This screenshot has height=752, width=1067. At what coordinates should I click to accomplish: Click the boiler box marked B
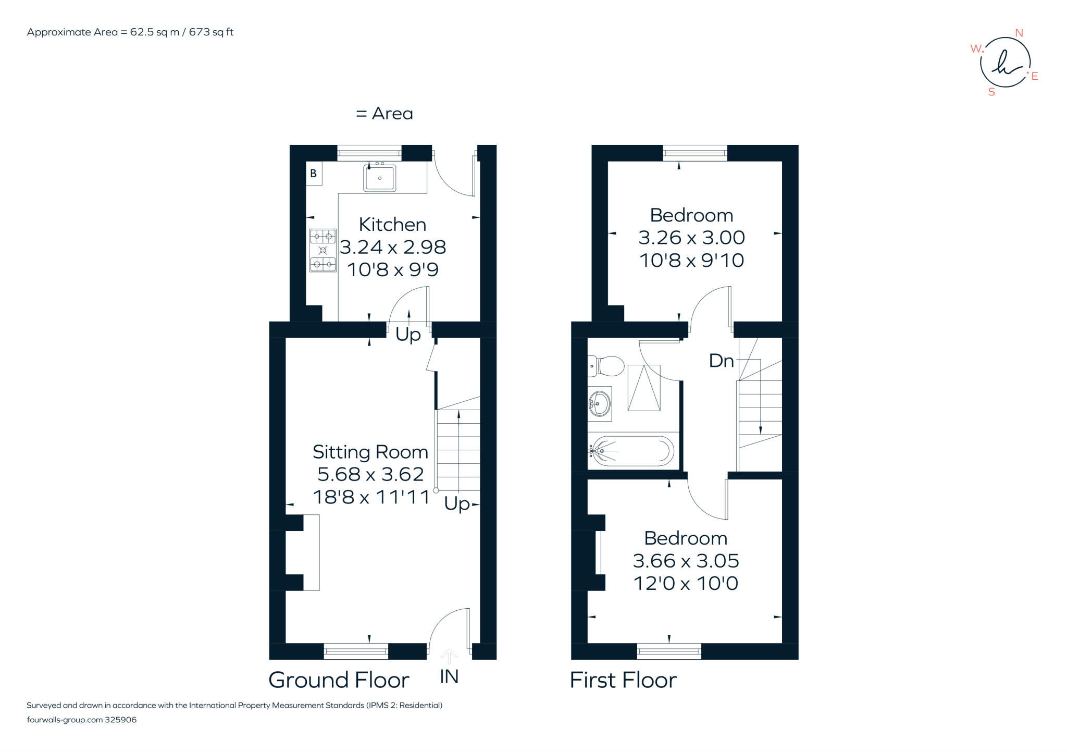[x=314, y=174]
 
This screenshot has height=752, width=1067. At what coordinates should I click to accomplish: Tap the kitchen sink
[x=379, y=178]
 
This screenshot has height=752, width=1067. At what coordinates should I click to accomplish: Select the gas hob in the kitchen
[x=322, y=251]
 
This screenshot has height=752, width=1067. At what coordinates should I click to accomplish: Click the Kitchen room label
[x=392, y=225]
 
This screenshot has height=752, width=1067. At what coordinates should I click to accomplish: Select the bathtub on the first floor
[x=631, y=451]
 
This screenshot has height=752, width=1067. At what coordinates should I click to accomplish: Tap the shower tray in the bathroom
[x=644, y=388]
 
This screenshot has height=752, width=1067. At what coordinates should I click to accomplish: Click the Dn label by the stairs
[x=721, y=361]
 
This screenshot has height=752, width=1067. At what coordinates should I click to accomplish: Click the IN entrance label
[x=449, y=676]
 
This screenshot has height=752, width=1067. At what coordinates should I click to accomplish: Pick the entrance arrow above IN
[x=449, y=656]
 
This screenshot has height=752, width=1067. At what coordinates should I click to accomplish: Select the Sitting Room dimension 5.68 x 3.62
[x=370, y=474]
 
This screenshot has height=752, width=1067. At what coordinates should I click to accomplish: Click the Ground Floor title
[x=339, y=680]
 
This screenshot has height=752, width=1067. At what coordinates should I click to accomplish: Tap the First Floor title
[x=623, y=680]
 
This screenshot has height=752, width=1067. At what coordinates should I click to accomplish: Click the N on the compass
[x=1019, y=33]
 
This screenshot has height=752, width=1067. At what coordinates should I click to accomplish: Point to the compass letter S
[x=991, y=92]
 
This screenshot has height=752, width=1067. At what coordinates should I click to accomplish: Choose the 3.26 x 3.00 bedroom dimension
[x=691, y=238]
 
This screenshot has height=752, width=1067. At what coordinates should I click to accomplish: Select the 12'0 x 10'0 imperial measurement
[x=686, y=583]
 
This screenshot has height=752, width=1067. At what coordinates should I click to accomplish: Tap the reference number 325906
[x=121, y=720]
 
